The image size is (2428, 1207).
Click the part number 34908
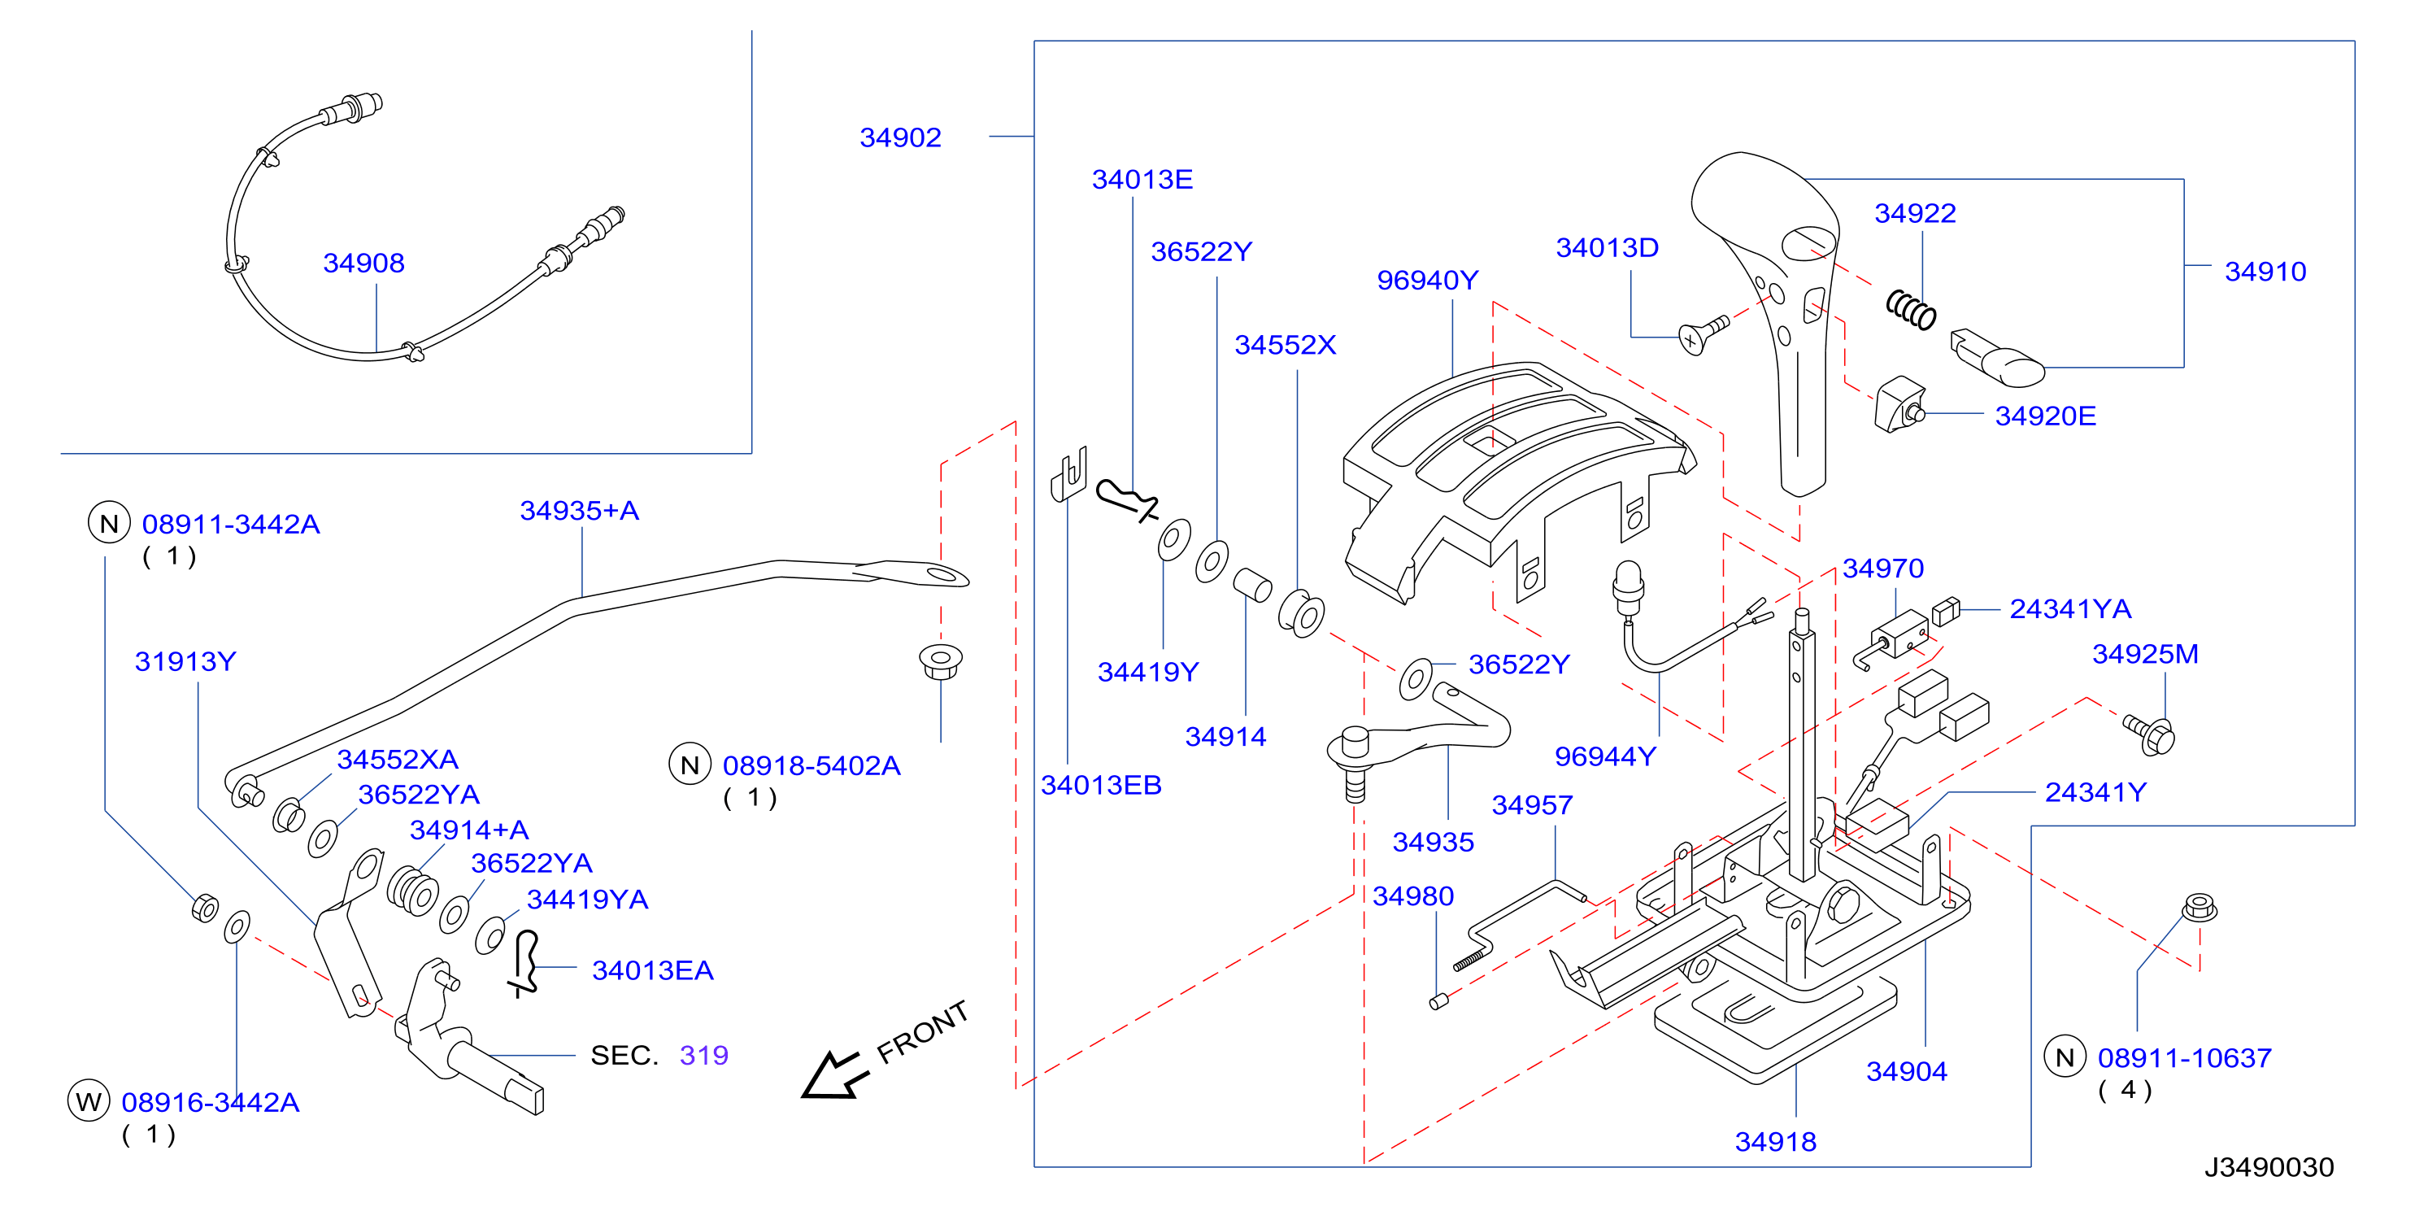363,263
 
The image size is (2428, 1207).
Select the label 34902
900,137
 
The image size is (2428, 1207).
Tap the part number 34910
2265,272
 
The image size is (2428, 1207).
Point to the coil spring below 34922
1911,310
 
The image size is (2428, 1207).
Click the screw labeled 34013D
1704,333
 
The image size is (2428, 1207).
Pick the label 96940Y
1427,280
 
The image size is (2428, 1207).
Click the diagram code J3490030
2269,1167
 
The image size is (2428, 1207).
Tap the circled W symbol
89,1101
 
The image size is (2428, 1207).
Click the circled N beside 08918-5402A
690,765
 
